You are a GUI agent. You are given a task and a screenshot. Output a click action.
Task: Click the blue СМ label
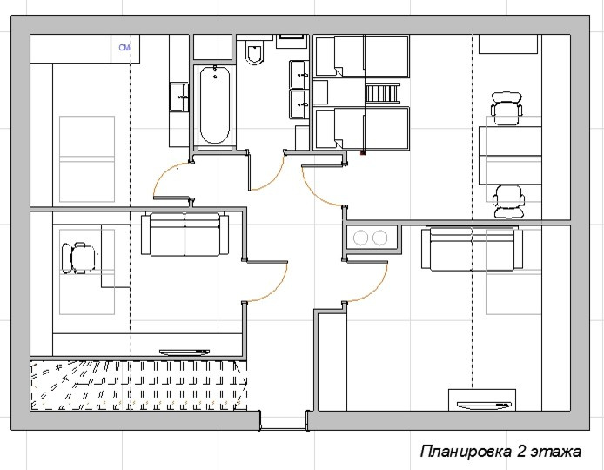(x=124, y=47)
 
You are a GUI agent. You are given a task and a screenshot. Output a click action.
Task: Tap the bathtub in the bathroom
(x=215, y=105)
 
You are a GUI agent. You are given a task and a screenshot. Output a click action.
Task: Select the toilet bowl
(x=255, y=52)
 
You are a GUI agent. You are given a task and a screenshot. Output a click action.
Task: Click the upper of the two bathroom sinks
(x=299, y=74)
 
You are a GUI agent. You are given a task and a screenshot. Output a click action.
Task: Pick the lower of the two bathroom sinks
(x=299, y=104)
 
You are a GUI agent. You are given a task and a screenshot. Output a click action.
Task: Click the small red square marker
(x=362, y=153)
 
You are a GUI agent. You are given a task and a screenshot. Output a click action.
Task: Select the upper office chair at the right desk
(x=507, y=109)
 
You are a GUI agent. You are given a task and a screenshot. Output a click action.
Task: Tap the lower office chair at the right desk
(x=508, y=201)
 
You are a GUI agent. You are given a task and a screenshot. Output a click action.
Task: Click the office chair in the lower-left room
(x=78, y=258)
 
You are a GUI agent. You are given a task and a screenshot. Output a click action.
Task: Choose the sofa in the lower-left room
(x=185, y=234)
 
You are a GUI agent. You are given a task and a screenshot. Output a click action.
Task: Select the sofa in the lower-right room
(x=472, y=248)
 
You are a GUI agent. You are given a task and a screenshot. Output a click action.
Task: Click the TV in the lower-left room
(x=185, y=352)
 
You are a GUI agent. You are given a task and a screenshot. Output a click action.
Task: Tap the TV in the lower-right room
(x=484, y=405)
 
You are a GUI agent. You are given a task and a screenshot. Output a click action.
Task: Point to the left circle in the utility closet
(x=360, y=238)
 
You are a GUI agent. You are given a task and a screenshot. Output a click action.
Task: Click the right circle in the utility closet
(x=379, y=238)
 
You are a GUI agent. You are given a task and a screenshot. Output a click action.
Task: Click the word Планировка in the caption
(x=466, y=452)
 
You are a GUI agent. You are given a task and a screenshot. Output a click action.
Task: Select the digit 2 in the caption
(x=521, y=451)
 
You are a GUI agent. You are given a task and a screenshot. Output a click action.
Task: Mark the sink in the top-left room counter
(x=179, y=97)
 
